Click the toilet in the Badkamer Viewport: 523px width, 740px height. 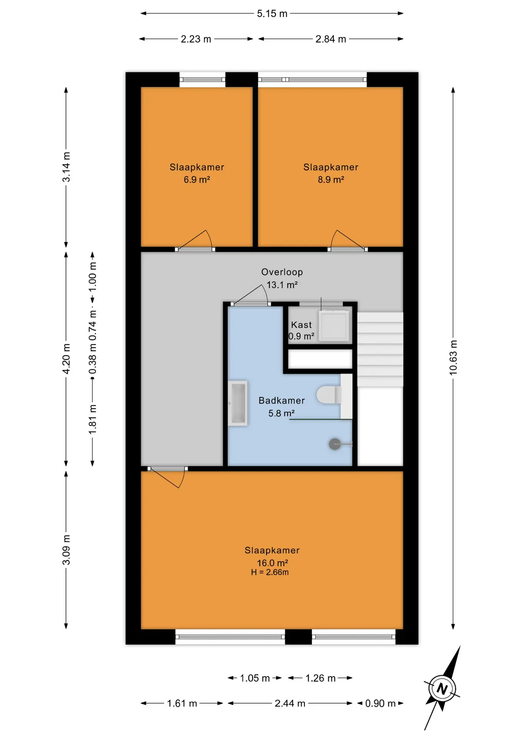(x=329, y=395)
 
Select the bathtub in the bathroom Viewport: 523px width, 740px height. (x=238, y=403)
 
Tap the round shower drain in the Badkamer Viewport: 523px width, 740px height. (x=334, y=444)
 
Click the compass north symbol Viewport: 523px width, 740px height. (x=442, y=688)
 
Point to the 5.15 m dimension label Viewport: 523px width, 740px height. (x=272, y=14)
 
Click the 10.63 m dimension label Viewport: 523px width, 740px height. (x=453, y=357)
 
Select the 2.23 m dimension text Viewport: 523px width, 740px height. (x=196, y=39)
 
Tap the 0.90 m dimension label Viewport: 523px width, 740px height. (x=380, y=703)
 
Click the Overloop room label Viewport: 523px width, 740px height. (x=282, y=272)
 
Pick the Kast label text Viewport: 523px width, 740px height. (x=301, y=325)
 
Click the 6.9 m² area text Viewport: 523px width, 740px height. (x=197, y=180)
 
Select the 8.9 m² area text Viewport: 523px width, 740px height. (x=331, y=180)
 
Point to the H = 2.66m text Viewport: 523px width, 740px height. (x=270, y=572)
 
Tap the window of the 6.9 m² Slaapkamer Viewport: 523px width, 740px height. (x=203, y=80)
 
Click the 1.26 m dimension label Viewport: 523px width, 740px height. (x=320, y=678)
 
